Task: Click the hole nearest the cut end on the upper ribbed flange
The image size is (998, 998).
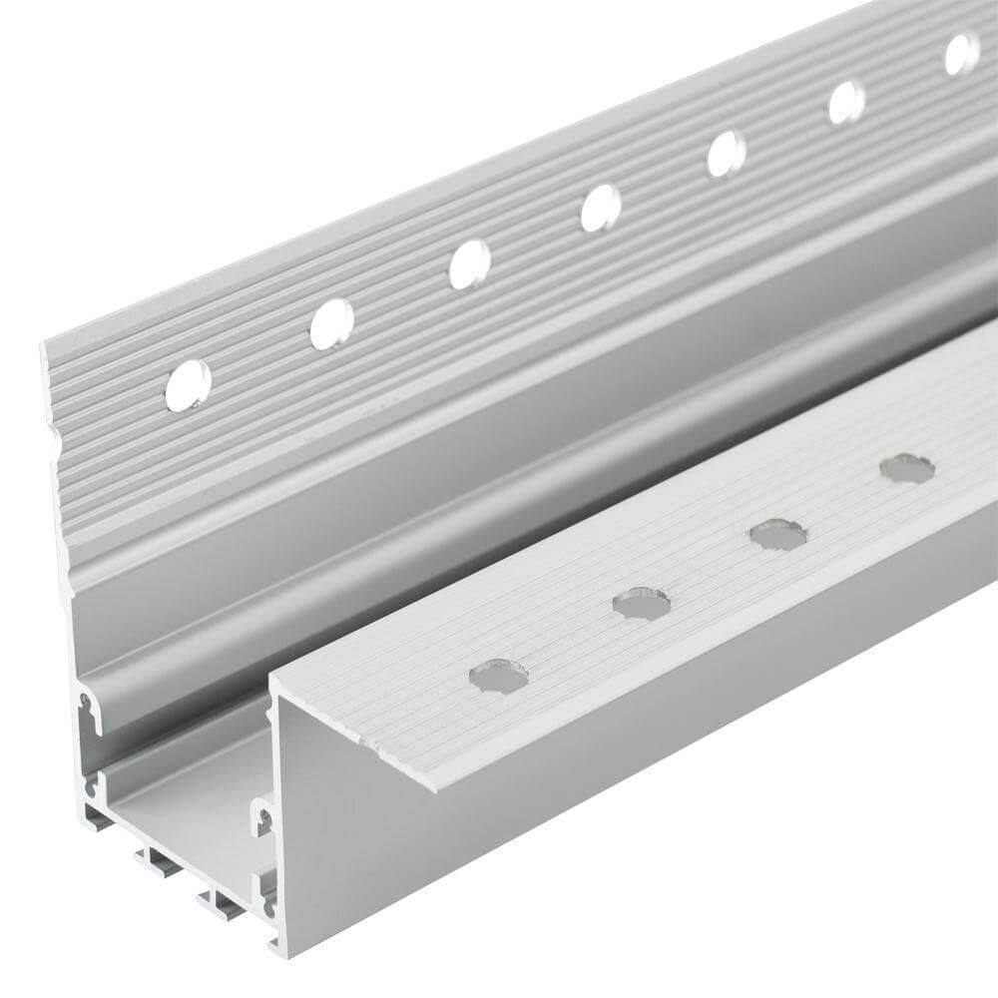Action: pos(188,385)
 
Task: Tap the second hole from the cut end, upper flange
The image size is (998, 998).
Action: pos(331,324)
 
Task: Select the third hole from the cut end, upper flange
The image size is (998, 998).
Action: pos(469,264)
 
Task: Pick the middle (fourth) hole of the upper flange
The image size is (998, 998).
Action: pos(601,208)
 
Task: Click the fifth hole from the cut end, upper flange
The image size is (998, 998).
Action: pos(726,154)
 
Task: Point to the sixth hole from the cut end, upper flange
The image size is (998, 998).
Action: pos(846,102)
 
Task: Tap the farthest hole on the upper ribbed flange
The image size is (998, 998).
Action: pos(961,53)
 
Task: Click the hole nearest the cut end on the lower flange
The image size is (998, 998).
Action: pos(498,677)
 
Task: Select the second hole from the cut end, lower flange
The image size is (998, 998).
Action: pos(641,603)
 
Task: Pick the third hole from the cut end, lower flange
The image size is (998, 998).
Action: pos(777,534)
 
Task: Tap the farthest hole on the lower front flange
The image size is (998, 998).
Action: pos(907,468)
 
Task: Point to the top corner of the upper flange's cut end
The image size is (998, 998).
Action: pos(44,344)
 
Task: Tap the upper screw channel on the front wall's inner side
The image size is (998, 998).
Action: pos(263,818)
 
